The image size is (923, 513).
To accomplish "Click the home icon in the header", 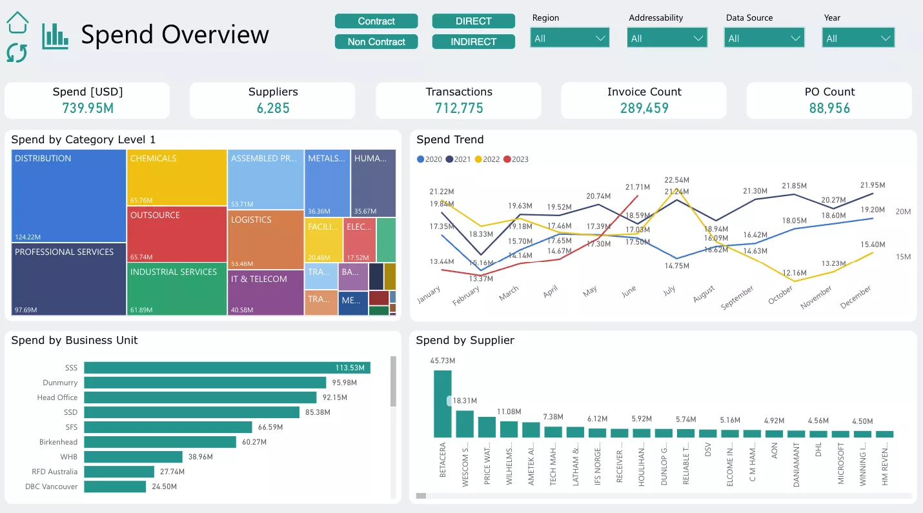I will click(x=17, y=23).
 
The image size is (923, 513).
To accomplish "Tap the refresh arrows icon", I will click(x=17, y=53).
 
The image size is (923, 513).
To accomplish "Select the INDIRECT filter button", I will click(x=473, y=42).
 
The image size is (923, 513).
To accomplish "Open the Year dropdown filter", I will click(x=858, y=38).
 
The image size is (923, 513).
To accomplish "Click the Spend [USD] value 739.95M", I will click(x=88, y=108).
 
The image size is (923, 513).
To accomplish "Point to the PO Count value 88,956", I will click(x=829, y=108).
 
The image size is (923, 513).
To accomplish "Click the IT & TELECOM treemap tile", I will click(x=265, y=292).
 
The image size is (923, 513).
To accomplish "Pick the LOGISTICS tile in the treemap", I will click(x=265, y=239).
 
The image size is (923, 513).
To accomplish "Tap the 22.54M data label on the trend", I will click(x=677, y=180).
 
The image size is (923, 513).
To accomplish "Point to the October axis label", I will click(x=780, y=296).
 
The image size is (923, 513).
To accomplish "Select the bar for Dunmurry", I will click(x=205, y=383).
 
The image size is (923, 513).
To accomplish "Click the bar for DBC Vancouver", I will click(x=115, y=487).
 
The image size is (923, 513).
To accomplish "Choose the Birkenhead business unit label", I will click(x=59, y=442).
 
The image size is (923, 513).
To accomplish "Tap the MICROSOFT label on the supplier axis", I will click(x=840, y=463).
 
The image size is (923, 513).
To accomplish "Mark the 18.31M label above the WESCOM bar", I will click(x=465, y=401).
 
